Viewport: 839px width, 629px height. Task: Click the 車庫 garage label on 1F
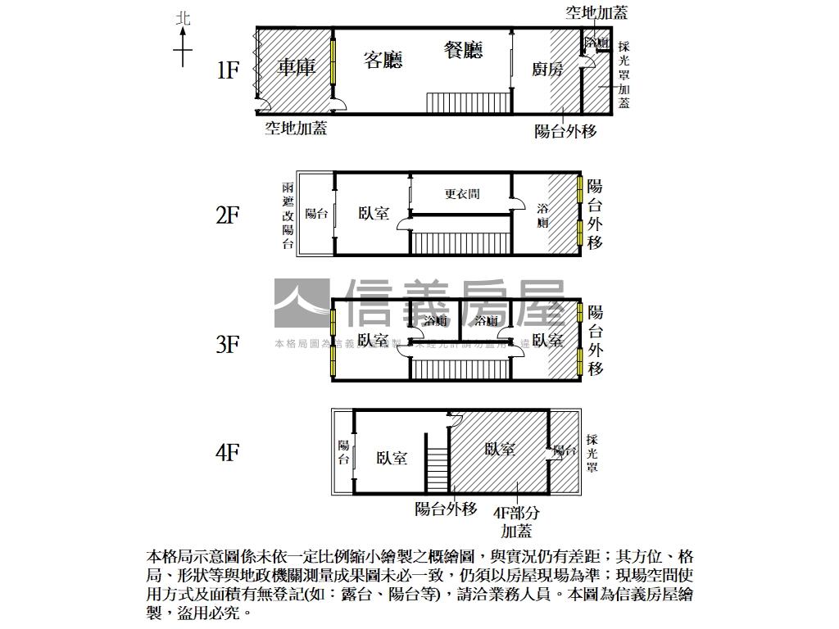[x=296, y=67]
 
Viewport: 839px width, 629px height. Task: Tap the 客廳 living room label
[x=383, y=60]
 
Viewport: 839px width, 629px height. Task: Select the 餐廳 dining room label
[x=463, y=51]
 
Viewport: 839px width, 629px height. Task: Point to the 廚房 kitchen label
[x=547, y=70]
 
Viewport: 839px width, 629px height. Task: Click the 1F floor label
[x=227, y=70]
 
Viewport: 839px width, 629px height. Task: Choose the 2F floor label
[x=227, y=215]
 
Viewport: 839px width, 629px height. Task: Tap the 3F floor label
[x=227, y=345]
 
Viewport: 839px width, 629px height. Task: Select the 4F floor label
[x=227, y=452]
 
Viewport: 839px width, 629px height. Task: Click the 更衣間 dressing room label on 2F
[x=461, y=194]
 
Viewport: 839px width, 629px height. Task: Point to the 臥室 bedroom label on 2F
[x=374, y=214]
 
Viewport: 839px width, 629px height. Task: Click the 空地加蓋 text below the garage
[x=296, y=129]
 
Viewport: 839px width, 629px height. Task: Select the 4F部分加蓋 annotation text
[x=517, y=521]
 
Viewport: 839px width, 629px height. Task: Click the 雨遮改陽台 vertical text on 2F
[x=287, y=215]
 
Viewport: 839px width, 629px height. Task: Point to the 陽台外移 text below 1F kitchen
[x=565, y=131]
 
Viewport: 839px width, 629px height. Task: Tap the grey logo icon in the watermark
[x=301, y=303]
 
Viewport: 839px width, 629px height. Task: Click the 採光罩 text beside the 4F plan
[x=592, y=453]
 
